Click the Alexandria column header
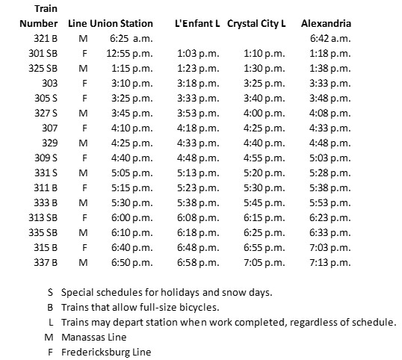(327, 23)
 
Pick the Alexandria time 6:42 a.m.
(330, 38)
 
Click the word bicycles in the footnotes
(178, 307)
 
